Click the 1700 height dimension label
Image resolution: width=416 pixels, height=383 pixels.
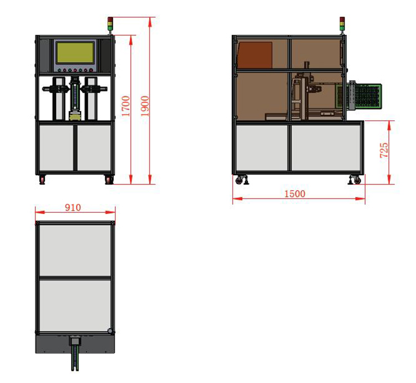tap(126, 106)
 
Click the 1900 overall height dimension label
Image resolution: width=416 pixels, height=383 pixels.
tap(145, 106)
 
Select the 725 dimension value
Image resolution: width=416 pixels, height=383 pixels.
tap(384, 150)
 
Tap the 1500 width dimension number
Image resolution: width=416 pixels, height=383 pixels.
tap(295, 194)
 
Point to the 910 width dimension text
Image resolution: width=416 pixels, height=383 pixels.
tap(73, 207)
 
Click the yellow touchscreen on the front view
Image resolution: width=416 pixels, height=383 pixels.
tap(75, 53)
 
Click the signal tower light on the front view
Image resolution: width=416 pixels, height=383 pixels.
tap(110, 24)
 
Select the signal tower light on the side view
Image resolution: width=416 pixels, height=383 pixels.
tap(342, 24)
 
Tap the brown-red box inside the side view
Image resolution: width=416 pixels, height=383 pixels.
tap(255, 55)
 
